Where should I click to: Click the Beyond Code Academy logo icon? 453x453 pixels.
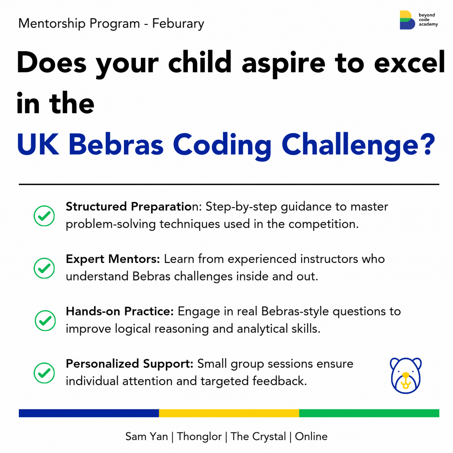[x=407, y=20]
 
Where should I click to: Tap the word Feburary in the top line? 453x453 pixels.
[x=178, y=24]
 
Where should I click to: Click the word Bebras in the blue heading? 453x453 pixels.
[x=116, y=145]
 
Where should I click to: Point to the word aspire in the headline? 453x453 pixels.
[x=283, y=63]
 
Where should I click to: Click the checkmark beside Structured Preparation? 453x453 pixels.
[x=44, y=216]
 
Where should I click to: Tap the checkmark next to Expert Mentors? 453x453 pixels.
[x=44, y=268]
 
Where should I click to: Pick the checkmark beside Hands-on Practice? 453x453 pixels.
[x=45, y=321]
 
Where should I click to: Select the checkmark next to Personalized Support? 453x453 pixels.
[x=44, y=373]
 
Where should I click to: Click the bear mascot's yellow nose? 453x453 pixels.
[x=406, y=376]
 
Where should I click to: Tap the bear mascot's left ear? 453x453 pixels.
[x=395, y=363]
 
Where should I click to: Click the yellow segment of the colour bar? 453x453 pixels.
[x=229, y=413]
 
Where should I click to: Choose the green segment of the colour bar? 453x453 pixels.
[x=369, y=413]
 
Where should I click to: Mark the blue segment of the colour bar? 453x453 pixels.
[x=89, y=413]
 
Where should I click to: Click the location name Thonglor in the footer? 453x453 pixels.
[x=199, y=436]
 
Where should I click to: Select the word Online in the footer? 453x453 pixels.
[x=311, y=436]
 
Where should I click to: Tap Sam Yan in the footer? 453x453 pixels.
[x=146, y=436]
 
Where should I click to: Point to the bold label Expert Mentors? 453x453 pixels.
[x=113, y=259]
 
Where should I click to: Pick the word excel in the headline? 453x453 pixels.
[x=409, y=63]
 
